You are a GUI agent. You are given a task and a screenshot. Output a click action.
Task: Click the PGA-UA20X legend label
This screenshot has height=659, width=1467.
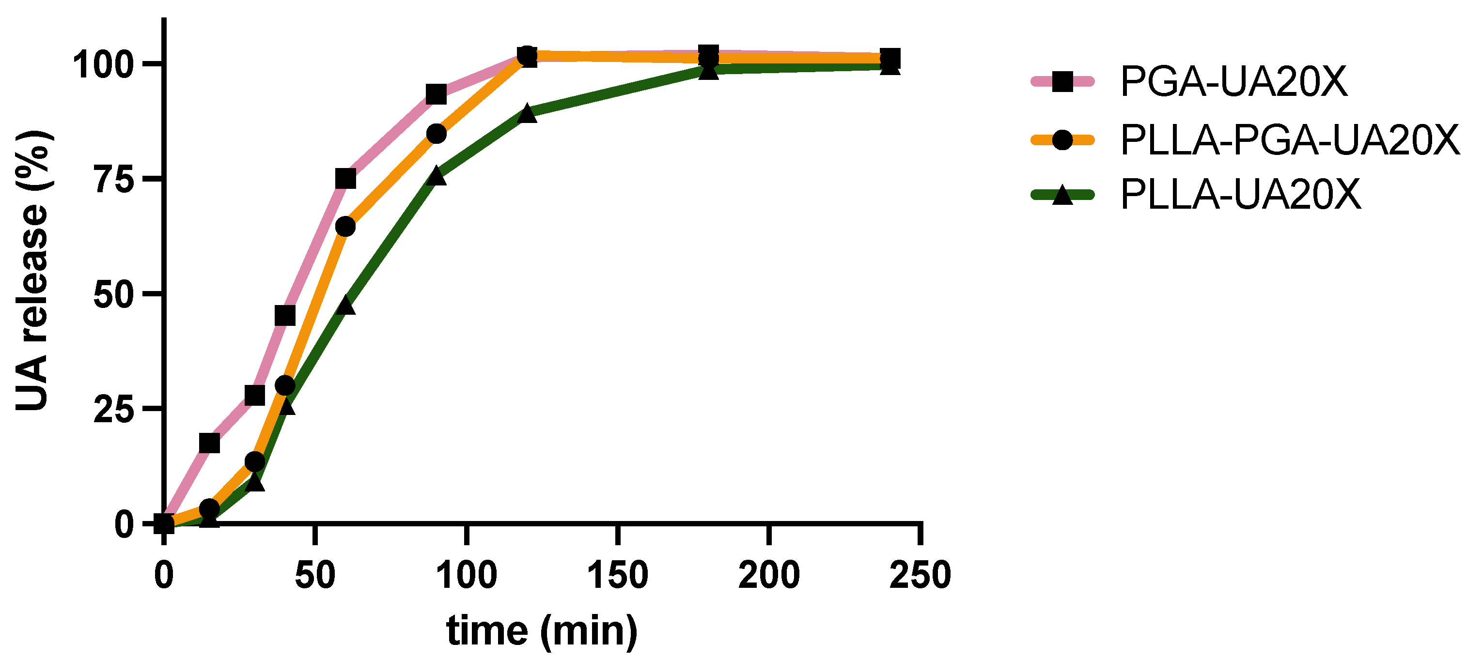tap(1233, 82)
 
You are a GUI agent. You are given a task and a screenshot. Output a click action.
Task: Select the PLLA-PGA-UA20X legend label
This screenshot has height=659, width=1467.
tap(1290, 139)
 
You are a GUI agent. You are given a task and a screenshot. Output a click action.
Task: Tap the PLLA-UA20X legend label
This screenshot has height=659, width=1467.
tap(1240, 195)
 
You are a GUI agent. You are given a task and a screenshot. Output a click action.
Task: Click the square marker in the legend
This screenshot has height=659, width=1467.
tap(1062, 81)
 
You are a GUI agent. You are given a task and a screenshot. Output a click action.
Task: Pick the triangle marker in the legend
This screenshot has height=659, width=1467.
tap(1062, 196)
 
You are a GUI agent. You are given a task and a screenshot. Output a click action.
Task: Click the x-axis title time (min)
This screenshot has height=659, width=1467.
tap(542, 630)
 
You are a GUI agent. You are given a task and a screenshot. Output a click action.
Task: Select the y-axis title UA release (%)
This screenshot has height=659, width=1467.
tap(33, 270)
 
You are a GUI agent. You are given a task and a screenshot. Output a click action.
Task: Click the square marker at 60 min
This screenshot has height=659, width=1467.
tap(345, 179)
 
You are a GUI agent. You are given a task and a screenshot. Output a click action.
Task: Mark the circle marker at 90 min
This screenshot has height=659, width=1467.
tap(436, 134)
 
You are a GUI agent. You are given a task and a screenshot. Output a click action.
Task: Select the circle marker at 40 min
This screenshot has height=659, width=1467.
tap(285, 386)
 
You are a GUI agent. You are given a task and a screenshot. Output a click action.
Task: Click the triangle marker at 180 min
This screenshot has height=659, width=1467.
tap(708, 71)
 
